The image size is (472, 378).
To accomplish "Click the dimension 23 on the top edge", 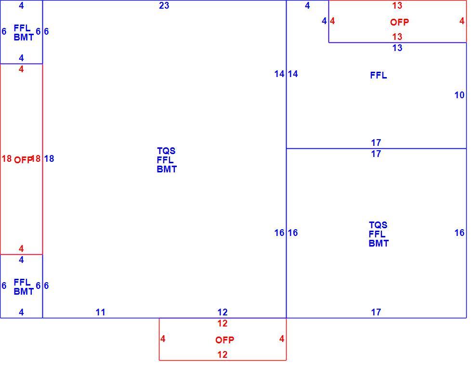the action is click(x=164, y=5).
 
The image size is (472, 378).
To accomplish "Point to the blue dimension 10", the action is click(x=459, y=95).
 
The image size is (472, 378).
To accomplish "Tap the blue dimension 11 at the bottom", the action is click(x=101, y=313).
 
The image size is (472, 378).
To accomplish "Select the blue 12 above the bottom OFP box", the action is click(x=223, y=313).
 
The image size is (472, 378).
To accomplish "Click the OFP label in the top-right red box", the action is click(x=399, y=22).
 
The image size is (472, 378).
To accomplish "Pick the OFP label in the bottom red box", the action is click(x=224, y=340).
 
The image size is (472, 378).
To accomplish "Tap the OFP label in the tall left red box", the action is click(x=23, y=160).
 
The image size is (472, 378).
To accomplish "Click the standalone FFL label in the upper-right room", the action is click(x=379, y=75).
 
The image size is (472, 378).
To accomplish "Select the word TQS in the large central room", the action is click(x=166, y=151).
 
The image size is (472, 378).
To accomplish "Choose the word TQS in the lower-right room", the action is click(x=378, y=225).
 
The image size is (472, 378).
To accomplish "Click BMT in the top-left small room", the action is click(x=24, y=38).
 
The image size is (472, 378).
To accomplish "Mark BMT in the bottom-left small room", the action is click(x=24, y=292).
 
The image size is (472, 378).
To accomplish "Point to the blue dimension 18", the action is click(x=49, y=158).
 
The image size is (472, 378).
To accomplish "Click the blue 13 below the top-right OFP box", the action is click(x=397, y=48).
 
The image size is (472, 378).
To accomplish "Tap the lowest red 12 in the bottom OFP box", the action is click(x=223, y=354).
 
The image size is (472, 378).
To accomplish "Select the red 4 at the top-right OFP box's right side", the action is click(x=462, y=21).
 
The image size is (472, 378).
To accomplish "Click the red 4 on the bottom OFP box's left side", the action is click(x=163, y=339).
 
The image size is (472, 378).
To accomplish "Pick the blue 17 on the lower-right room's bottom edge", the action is click(x=376, y=313).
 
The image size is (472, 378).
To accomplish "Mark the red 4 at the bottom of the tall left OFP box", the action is click(x=21, y=248).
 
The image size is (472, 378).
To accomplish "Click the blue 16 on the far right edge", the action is click(x=459, y=233).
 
